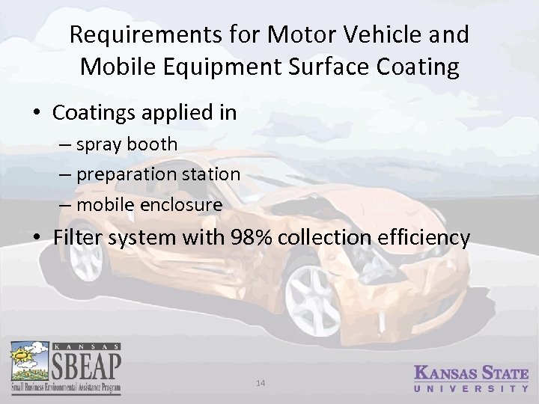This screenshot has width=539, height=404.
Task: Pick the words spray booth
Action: click(131, 144)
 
